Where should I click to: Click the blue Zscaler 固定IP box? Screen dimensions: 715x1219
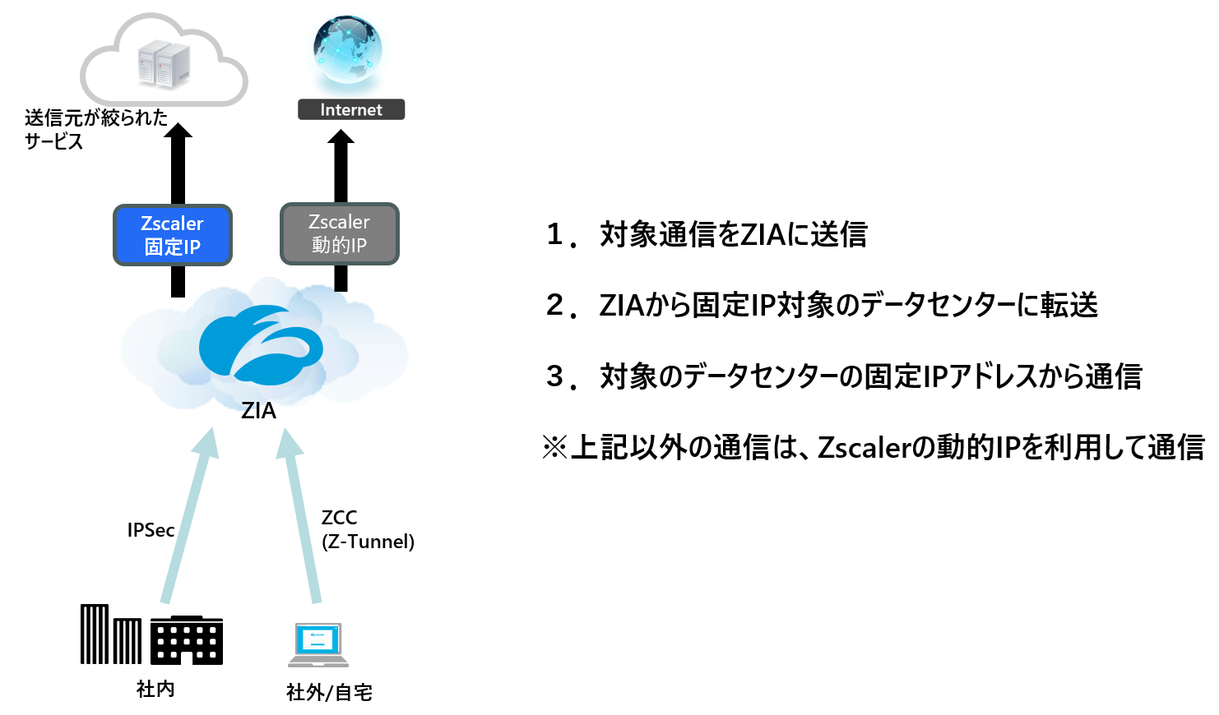click(x=173, y=235)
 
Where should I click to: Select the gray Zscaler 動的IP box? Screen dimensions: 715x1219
click(x=339, y=234)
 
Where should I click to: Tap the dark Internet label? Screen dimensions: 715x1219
click(x=351, y=109)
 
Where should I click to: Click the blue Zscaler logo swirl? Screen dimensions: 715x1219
click(x=260, y=344)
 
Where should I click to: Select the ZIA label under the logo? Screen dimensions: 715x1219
click(x=258, y=410)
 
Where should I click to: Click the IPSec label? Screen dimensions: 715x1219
click(x=151, y=530)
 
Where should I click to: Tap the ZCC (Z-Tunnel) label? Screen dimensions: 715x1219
click(x=367, y=529)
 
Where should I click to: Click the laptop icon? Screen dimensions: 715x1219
click(x=318, y=644)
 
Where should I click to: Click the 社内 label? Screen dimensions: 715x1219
click(x=155, y=689)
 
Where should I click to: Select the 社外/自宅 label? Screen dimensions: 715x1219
click(x=329, y=693)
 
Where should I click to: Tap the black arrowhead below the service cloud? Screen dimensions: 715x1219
click(x=178, y=131)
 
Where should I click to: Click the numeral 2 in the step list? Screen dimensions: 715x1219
click(x=555, y=305)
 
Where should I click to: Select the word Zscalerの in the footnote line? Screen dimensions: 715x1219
click(x=875, y=447)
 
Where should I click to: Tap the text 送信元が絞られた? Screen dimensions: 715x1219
click(x=96, y=118)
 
